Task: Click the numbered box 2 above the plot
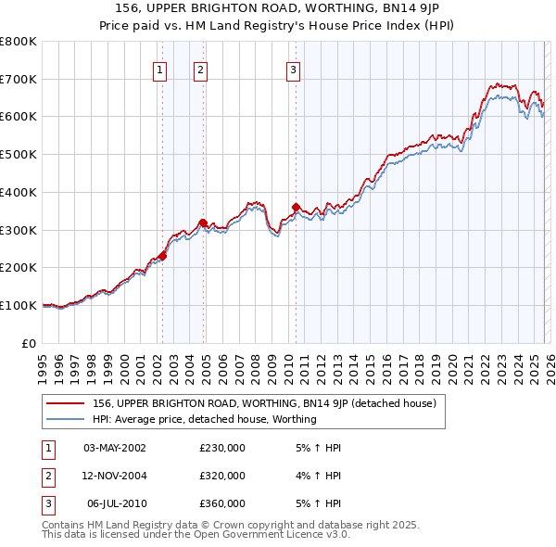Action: [200, 69]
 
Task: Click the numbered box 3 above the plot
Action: [293, 69]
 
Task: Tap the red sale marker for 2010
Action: [296, 207]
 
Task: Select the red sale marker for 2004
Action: [203, 223]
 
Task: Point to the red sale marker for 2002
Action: [162, 256]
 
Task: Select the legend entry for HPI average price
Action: [204, 419]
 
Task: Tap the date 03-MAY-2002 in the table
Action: [115, 448]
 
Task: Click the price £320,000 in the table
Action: [222, 476]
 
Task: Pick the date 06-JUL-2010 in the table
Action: [116, 503]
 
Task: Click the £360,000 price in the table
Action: [222, 503]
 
